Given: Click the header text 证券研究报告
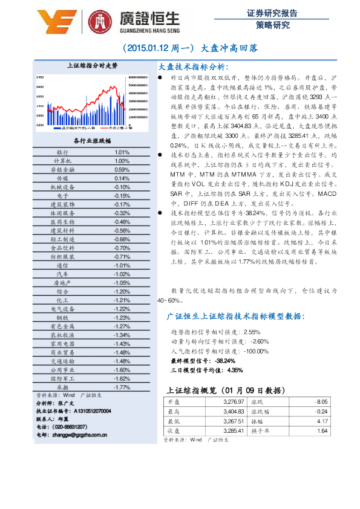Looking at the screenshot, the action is pos(272,12).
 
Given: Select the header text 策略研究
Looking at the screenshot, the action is pos(272,25).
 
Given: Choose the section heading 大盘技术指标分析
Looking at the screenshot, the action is pos(193,66).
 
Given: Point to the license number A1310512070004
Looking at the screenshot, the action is pos(85,410).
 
